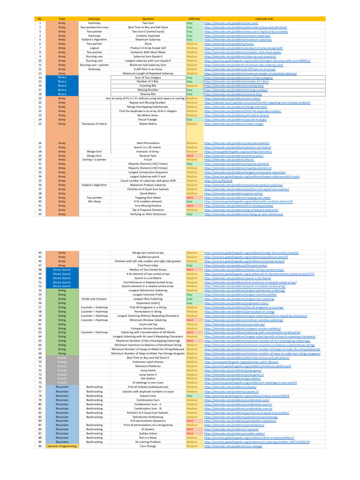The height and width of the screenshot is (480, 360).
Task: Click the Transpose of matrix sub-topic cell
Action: (x=94, y=124)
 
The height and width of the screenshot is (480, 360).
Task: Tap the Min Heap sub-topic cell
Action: (x=94, y=202)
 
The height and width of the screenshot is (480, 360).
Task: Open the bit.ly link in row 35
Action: (x=213, y=180)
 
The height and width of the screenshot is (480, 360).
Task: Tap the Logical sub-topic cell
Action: (x=94, y=48)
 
